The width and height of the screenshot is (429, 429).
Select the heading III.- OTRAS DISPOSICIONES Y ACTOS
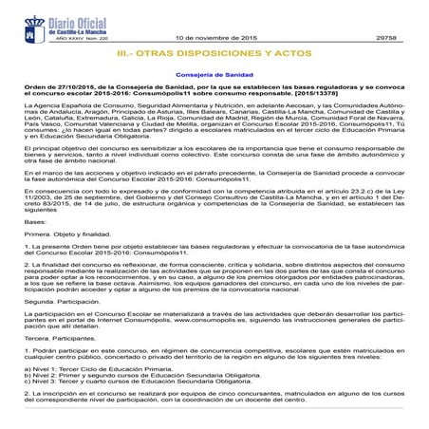click(x=214, y=54)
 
